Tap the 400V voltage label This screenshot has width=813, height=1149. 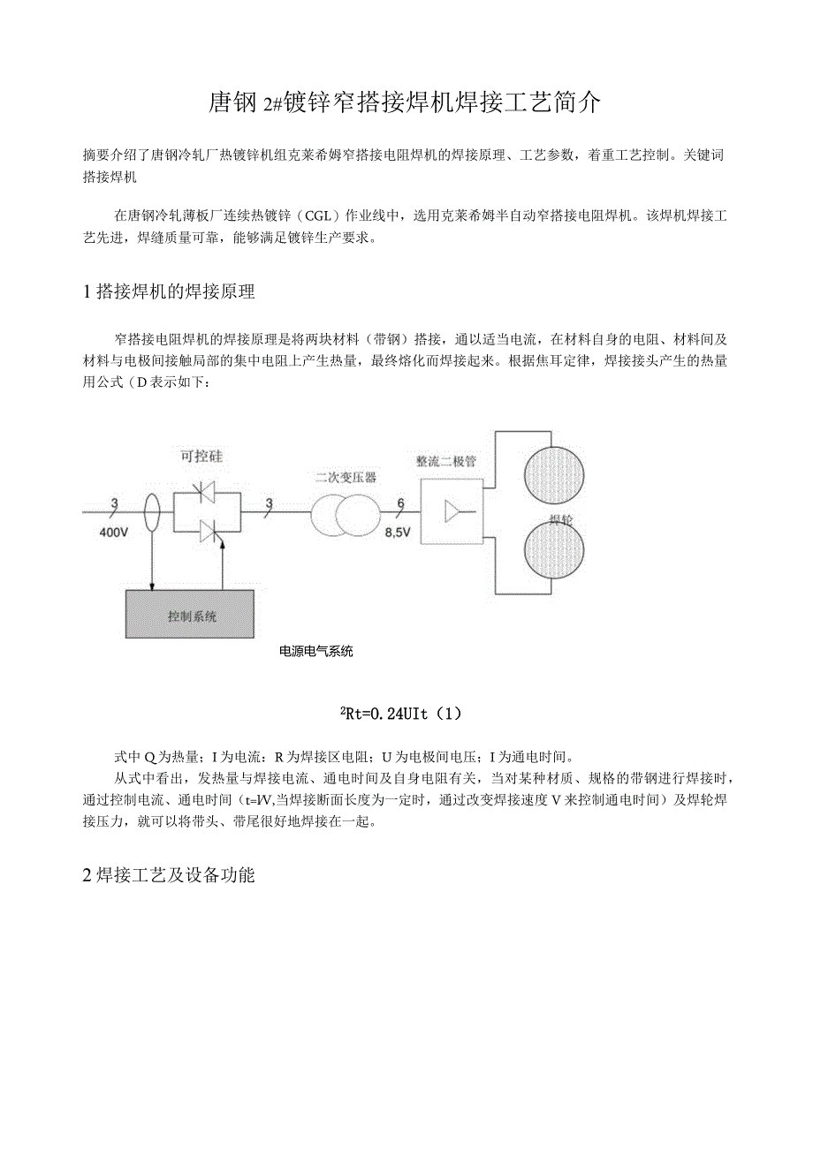tap(115, 533)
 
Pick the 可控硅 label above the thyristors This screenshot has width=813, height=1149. tap(201, 457)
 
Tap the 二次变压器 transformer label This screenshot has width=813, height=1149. tap(346, 477)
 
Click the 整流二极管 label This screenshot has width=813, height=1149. tap(446, 461)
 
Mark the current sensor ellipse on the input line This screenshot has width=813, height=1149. tap(152, 510)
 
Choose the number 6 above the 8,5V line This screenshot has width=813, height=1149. tap(400, 503)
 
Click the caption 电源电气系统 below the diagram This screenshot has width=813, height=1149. tap(316, 652)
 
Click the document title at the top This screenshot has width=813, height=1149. tap(406, 104)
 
